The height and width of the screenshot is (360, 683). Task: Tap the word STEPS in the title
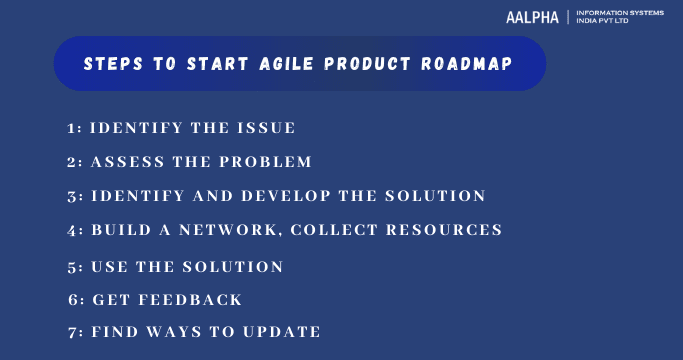114,64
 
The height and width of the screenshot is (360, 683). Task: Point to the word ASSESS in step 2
125,162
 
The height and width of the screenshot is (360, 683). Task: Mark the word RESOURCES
445,230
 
